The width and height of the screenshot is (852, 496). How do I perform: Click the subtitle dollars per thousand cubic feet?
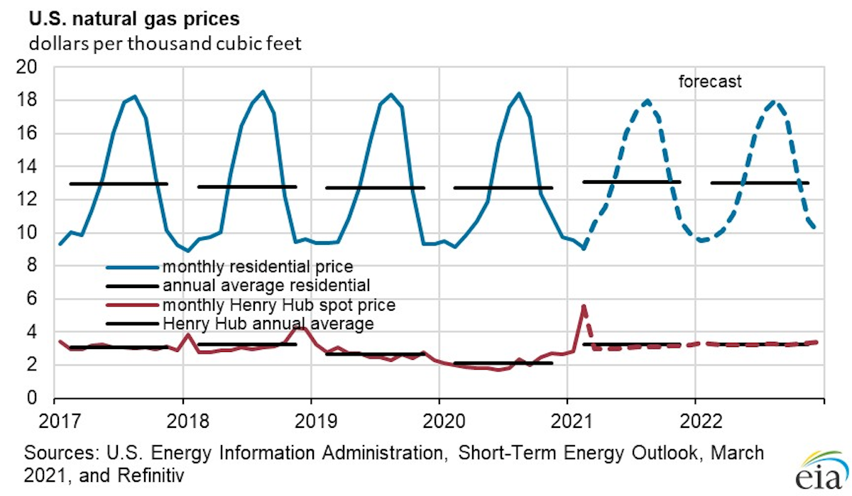165,44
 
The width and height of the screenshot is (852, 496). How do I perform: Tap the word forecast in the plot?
709,82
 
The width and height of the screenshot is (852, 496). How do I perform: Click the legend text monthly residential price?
258,268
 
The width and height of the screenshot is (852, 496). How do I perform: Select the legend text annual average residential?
266,286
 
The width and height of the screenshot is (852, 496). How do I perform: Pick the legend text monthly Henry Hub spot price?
278,305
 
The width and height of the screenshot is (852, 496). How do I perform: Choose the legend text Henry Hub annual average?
268,324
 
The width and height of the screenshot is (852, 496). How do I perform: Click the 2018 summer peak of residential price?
263,92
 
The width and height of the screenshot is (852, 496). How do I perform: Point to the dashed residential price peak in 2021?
647,101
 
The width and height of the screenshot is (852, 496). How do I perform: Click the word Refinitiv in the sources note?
152,471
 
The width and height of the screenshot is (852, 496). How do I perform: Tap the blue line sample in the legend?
131,268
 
